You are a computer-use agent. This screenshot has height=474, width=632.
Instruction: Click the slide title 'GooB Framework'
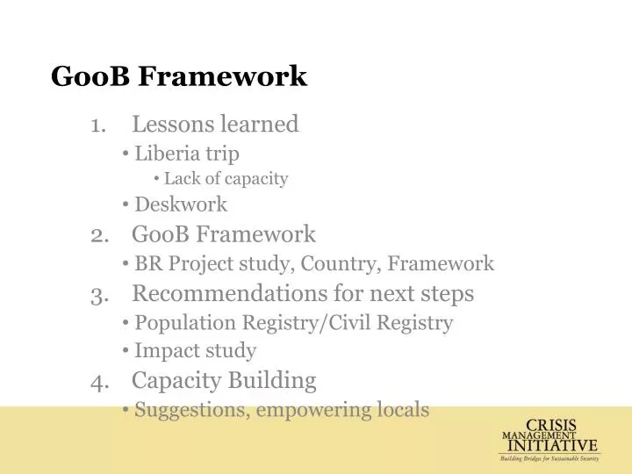179,76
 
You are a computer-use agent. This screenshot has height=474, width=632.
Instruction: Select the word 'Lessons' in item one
173,125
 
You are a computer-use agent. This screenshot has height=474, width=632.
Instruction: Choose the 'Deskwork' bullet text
181,205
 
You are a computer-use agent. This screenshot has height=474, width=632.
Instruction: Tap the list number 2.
97,234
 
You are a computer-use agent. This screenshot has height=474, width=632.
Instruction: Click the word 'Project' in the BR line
201,264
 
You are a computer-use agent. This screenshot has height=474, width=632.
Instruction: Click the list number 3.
97,293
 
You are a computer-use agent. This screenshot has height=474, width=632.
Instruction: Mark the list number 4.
97,380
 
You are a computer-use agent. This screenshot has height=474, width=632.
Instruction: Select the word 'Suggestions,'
189,409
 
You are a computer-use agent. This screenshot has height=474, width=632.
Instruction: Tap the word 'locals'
401,409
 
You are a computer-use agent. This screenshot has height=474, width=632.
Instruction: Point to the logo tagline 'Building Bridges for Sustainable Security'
549,458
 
